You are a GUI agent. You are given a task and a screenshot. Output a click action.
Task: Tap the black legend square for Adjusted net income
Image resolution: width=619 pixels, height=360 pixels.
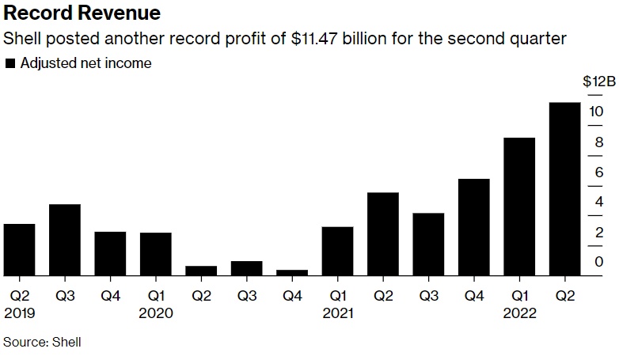(9, 63)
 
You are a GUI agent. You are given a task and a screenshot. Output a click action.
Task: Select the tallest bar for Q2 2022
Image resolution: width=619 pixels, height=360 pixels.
(564, 189)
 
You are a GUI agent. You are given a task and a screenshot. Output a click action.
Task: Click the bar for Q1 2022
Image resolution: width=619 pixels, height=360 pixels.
(519, 207)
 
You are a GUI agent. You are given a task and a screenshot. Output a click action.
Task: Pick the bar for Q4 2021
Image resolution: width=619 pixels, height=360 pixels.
(473, 227)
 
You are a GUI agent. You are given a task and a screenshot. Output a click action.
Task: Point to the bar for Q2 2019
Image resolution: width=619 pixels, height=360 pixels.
(19, 250)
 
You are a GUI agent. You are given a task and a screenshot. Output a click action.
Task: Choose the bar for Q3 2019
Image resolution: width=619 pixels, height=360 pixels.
(65, 240)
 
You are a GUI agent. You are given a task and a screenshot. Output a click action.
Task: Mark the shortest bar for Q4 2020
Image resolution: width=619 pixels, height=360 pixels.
(292, 273)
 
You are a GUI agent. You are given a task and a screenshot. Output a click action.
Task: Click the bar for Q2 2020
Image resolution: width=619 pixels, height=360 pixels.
(201, 271)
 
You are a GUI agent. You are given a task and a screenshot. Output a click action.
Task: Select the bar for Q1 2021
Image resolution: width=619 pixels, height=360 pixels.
(337, 251)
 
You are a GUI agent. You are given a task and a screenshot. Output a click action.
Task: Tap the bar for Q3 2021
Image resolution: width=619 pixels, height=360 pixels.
(428, 244)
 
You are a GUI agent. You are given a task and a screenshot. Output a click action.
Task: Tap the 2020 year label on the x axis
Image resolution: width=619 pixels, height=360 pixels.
(157, 313)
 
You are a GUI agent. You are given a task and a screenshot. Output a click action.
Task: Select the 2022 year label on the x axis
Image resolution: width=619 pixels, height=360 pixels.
(520, 313)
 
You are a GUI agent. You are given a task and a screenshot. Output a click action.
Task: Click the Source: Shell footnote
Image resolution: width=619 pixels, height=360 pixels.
(42, 343)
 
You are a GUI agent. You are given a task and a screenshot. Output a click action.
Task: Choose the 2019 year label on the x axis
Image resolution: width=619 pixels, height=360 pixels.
(19, 313)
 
